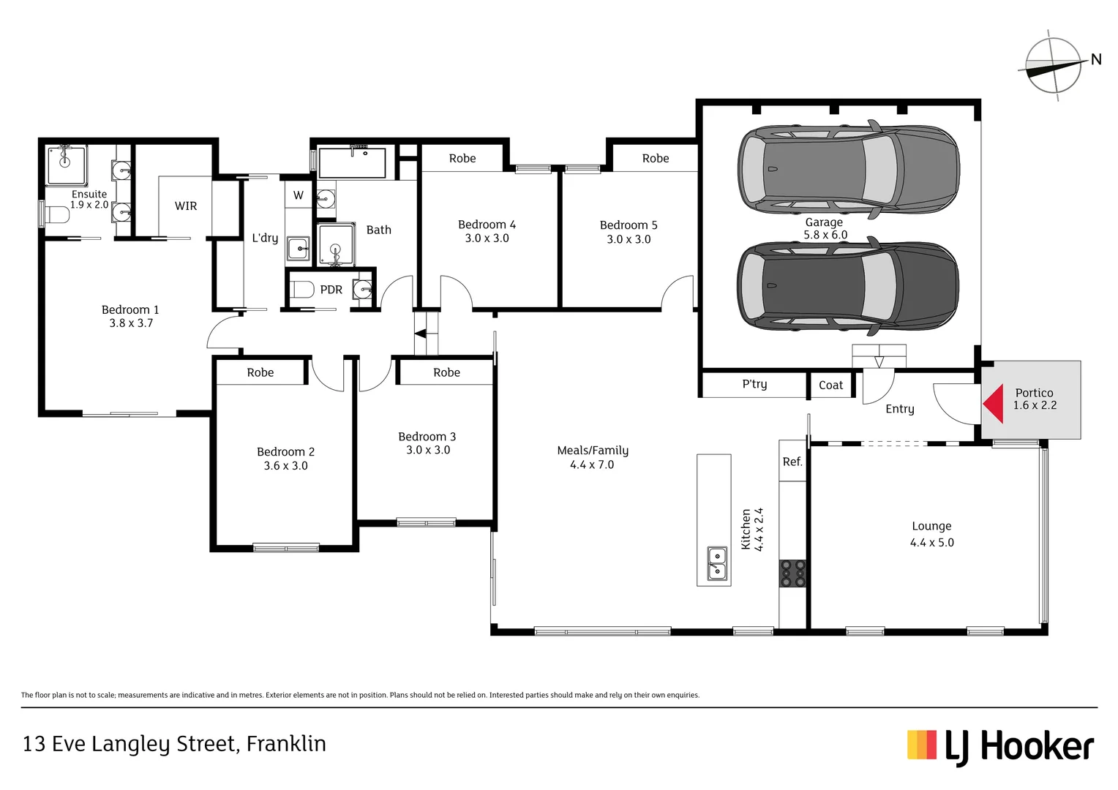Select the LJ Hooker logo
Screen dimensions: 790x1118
point(1000,746)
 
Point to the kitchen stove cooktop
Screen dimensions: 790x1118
point(792,573)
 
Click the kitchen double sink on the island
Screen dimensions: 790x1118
point(717,564)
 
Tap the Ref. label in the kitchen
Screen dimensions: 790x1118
point(792,462)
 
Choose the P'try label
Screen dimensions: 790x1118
point(754,384)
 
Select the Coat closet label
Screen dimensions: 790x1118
point(830,385)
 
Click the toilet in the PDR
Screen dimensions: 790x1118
point(302,290)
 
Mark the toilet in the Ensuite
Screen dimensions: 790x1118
point(56,215)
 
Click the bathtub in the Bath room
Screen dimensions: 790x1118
point(352,163)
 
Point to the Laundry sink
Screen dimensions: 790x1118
point(299,248)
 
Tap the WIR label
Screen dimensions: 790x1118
point(186,206)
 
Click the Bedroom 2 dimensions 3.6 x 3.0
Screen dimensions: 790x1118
point(285,466)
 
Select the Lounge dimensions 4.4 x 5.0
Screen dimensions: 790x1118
point(931,543)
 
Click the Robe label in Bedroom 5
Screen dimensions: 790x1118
point(656,159)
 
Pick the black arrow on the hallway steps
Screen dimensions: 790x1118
point(421,334)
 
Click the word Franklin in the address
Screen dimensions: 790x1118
point(286,744)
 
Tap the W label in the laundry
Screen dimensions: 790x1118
point(299,195)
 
